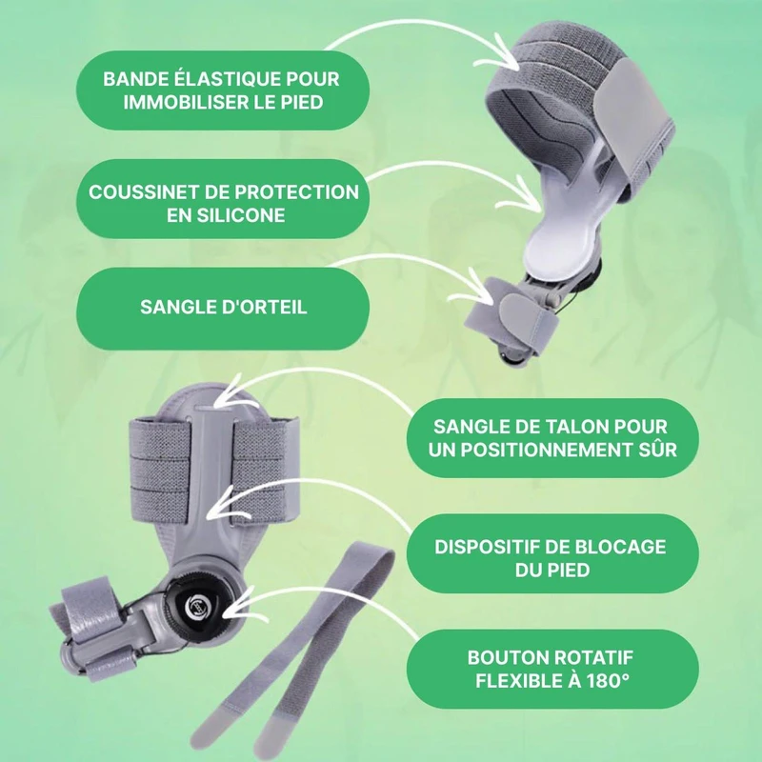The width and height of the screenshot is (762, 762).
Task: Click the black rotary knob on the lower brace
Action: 196,605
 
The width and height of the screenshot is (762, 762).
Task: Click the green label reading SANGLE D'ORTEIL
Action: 223,308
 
